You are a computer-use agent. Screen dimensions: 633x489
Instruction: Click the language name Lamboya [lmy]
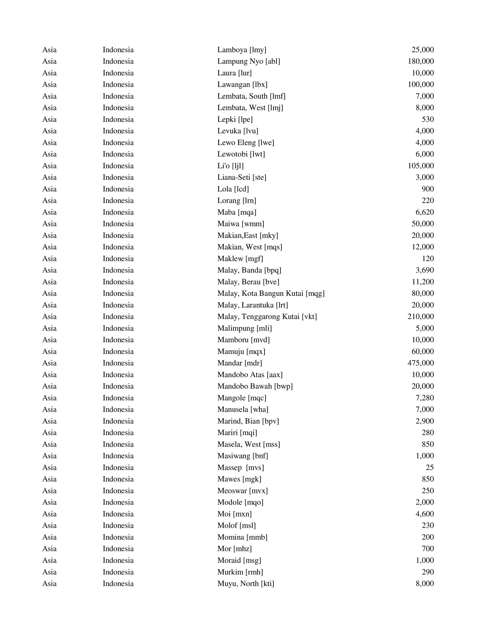point(242,50)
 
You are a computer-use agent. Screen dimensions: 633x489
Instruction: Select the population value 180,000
point(420,61)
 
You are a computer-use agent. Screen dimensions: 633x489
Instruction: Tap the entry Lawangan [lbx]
point(242,85)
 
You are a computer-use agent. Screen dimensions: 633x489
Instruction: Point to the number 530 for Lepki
point(428,119)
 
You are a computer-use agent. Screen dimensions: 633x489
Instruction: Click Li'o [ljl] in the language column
point(230,166)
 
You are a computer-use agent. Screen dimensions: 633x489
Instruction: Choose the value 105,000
point(420,166)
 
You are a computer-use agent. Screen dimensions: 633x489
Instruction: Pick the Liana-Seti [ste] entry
point(242,177)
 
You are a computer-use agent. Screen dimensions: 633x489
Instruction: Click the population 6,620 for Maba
point(424,212)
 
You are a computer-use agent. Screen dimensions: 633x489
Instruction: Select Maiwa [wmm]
point(241,224)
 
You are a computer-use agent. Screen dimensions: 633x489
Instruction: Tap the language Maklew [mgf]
point(240,258)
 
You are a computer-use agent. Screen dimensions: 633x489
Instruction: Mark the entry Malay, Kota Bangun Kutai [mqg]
point(271,293)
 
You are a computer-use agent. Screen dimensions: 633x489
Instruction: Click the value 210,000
point(420,317)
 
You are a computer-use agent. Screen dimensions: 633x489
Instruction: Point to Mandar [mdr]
point(240,363)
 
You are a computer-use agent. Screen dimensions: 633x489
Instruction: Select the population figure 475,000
point(420,363)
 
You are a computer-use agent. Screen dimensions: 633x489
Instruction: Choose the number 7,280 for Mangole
point(424,398)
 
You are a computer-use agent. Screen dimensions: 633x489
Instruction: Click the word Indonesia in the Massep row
point(118,467)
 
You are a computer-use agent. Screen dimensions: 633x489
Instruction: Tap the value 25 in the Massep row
point(430,467)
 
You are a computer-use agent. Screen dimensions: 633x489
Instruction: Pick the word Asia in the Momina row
point(49,537)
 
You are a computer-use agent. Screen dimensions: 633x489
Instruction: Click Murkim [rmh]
point(240,572)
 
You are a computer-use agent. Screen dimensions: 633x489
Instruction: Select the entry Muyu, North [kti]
point(246,583)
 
